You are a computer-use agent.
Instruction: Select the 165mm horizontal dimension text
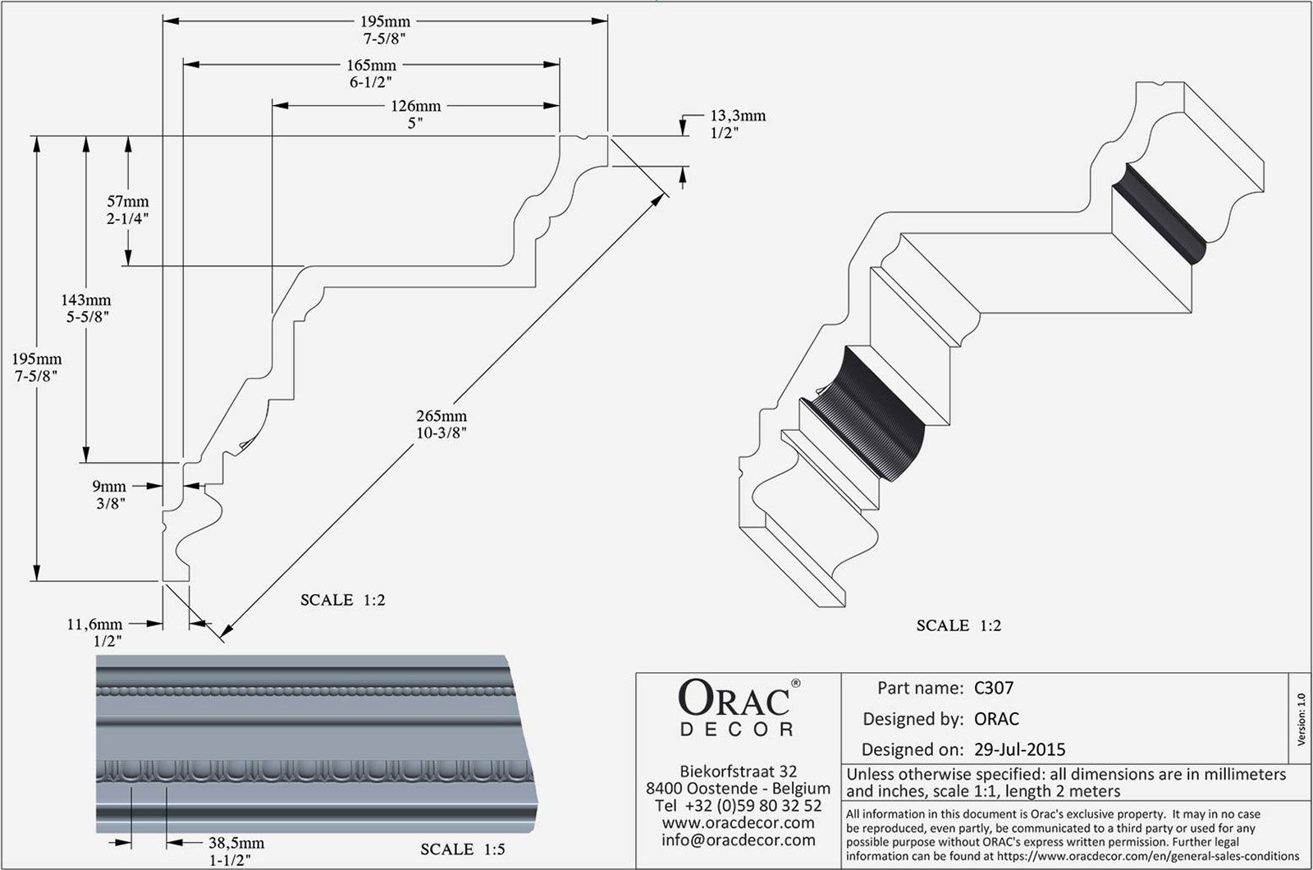click(371, 65)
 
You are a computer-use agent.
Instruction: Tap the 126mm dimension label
click(415, 106)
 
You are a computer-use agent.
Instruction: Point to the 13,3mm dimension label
click(738, 116)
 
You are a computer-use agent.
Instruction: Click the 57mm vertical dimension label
click(129, 201)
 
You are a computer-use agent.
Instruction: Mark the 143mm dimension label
click(86, 300)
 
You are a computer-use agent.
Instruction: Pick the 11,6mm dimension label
click(94, 625)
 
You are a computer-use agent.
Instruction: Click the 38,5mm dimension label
click(236, 843)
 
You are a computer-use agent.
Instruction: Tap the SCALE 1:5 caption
click(463, 849)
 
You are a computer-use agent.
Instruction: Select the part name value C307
click(994, 688)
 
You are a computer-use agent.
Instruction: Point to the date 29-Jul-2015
click(1019, 749)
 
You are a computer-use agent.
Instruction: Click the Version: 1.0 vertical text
click(1301, 719)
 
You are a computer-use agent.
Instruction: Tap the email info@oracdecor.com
click(738, 840)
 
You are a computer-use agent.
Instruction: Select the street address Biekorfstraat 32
click(739, 771)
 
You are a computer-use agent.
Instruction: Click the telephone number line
click(739, 805)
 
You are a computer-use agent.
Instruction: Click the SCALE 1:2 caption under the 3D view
click(958, 625)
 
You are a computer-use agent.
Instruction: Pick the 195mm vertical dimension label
click(36, 359)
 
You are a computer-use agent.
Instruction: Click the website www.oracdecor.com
click(738, 822)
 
